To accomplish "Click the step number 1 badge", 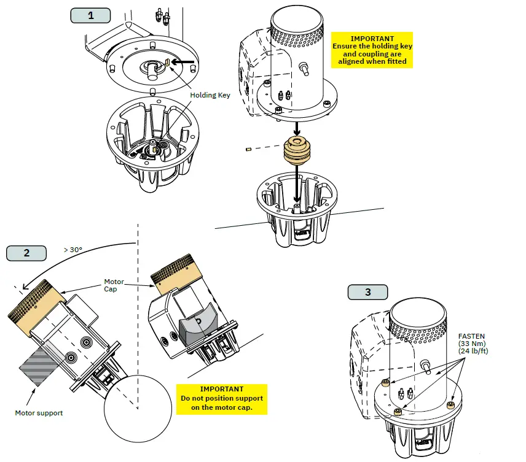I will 91,15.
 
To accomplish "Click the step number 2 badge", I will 26,252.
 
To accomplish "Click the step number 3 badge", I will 367,292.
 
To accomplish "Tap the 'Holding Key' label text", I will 210,95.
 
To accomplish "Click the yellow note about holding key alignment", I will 372,50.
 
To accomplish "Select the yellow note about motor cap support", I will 222,398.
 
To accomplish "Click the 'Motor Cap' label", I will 114,286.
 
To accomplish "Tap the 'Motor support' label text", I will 39,413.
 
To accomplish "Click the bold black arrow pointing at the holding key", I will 183,62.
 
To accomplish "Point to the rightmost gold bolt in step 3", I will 452,406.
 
